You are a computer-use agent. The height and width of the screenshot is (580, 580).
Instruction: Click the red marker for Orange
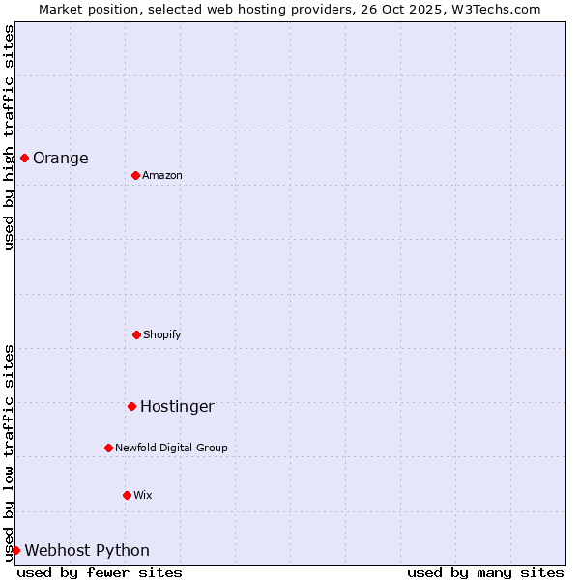click(24, 158)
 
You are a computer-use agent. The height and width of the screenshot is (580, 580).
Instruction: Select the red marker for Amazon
click(135, 175)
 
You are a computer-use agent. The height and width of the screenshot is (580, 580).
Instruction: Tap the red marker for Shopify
click(136, 334)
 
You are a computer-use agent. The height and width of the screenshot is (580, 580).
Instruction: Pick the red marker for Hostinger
click(131, 406)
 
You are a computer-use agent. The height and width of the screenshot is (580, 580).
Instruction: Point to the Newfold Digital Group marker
click(108, 448)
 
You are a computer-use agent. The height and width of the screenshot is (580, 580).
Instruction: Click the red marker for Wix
click(127, 495)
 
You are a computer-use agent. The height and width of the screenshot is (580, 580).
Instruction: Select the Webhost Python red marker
click(15, 550)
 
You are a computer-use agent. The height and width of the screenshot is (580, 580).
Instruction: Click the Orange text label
click(61, 159)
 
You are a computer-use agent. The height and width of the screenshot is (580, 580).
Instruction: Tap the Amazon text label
click(162, 175)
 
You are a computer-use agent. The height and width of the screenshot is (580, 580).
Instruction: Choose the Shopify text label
click(162, 334)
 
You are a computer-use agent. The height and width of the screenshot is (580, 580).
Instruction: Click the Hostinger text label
click(177, 407)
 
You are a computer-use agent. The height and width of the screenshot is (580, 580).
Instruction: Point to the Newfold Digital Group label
click(171, 448)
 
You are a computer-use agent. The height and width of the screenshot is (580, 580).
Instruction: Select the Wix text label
click(143, 495)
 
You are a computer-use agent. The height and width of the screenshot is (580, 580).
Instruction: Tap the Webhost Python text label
click(87, 551)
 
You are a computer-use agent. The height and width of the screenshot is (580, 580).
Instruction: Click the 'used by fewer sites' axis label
click(100, 572)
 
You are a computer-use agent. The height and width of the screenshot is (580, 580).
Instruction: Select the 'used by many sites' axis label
click(485, 572)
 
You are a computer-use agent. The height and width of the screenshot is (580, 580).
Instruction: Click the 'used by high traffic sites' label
click(9, 137)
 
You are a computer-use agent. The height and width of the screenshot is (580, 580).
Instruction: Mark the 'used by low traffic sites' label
click(9, 452)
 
